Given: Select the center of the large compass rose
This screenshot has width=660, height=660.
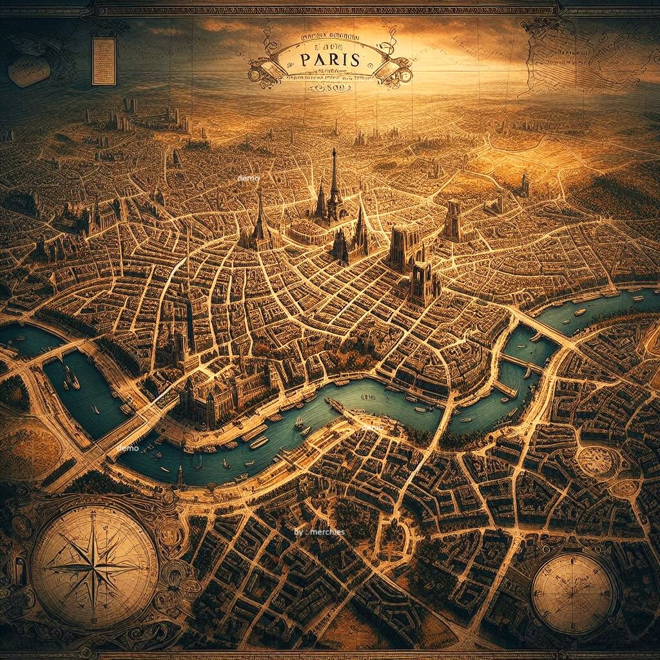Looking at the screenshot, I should [93, 567].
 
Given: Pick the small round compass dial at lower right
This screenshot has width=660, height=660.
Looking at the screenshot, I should [574, 593].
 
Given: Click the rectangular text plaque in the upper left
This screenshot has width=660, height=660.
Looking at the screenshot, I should [104, 61].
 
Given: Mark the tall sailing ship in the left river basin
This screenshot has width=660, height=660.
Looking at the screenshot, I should [70, 378].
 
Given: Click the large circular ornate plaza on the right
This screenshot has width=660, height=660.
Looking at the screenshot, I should [596, 460].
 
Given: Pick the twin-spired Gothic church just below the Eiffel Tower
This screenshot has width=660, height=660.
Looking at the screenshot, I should [350, 242].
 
